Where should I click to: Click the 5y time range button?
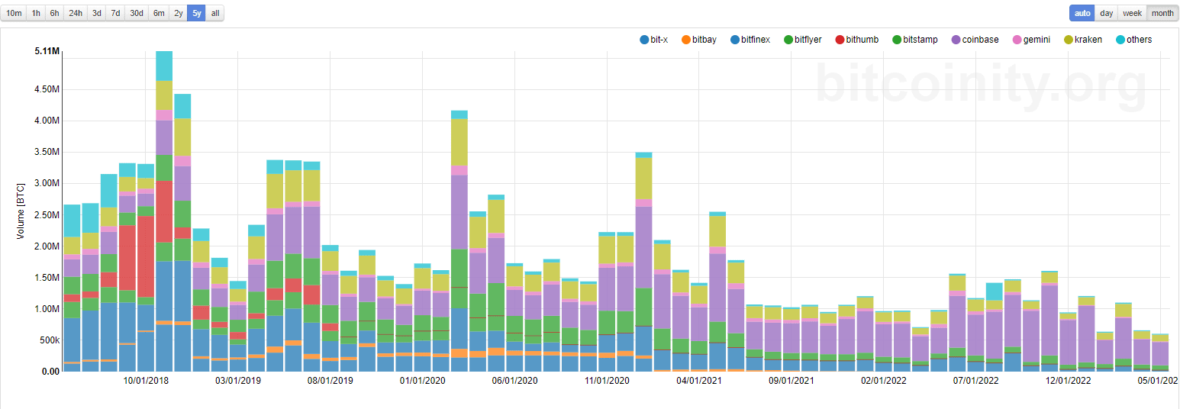[197, 13]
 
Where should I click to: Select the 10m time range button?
[15, 13]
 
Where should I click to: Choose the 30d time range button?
[136, 13]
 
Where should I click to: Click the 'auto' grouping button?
[1082, 13]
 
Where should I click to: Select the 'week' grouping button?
[1132, 13]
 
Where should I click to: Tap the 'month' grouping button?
[1162, 13]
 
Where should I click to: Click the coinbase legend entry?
[975, 40]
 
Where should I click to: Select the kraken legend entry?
[1082, 40]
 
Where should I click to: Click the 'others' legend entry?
[1133, 40]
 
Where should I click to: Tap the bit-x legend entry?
[653, 40]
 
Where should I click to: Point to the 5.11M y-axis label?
[47, 51]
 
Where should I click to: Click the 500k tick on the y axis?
[47, 340]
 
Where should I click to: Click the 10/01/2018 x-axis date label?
[146, 380]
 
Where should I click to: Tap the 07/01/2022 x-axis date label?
[976, 380]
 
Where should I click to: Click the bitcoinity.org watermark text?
[981, 82]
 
